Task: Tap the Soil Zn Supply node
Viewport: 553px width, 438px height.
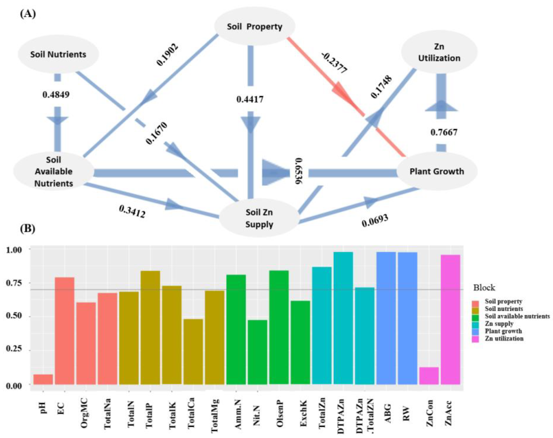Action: pyautogui.click(x=259, y=218)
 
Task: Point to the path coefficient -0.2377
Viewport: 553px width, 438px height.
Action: pyautogui.click(x=334, y=63)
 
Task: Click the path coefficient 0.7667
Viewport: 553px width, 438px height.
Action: pyautogui.click(x=444, y=132)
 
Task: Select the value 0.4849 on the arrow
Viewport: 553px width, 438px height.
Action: pyautogui.click(x=56, y=95)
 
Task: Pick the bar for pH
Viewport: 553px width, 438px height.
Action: pyautogui.click(x=43, y=379)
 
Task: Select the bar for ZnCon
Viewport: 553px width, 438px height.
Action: pyautogui.click(x=429, y=376)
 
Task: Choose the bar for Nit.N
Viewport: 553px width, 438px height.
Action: pyautogui.click(x=257, y=352)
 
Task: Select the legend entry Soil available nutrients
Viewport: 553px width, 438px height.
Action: pyautogui.click(x=517, y=316)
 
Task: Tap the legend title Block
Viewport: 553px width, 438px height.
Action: pyautogui.click(x=484, y=288)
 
